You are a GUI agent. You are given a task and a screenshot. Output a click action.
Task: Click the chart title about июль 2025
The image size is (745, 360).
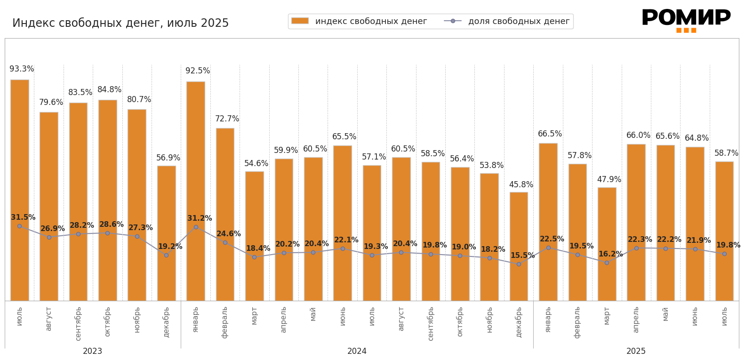[120, 23]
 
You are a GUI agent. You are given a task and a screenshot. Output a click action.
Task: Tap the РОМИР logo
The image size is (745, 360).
[686, 19]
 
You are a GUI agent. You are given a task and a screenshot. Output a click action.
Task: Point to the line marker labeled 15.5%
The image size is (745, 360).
[519, 264]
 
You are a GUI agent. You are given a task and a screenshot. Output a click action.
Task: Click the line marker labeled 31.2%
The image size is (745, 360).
[196, 227]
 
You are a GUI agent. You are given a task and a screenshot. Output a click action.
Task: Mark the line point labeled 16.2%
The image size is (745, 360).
[607, 263]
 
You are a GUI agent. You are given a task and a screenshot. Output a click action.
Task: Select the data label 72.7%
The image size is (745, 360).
[227, 119]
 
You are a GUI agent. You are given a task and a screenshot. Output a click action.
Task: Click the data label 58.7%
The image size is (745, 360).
[726, 153]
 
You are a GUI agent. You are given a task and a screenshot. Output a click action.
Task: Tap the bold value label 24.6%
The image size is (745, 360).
[229, 234]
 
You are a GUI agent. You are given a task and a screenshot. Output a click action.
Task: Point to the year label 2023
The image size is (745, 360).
[93, 352]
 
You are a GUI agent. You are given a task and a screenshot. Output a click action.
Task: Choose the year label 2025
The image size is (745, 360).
[636, 352]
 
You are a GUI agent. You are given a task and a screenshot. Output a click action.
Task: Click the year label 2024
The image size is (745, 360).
[357, 352]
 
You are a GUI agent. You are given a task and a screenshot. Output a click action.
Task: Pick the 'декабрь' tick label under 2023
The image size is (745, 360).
[167, 322]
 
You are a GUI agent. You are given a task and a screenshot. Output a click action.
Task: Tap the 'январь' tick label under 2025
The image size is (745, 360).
[548, 320]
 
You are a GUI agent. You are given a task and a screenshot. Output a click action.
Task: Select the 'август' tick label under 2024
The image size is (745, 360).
[401, 319]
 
